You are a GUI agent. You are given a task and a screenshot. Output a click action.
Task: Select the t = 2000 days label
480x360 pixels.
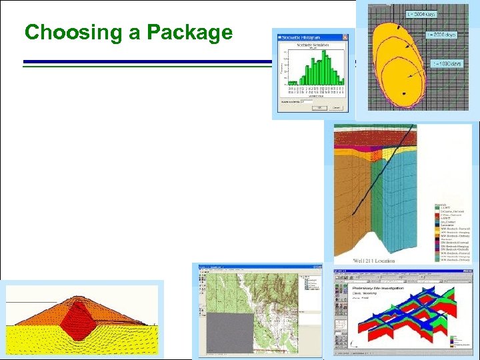(441, 34)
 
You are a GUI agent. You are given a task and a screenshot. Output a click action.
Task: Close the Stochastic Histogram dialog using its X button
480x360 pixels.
(345, 35)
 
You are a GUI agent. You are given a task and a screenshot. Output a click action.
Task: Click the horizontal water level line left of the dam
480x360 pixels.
(27, 304)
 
